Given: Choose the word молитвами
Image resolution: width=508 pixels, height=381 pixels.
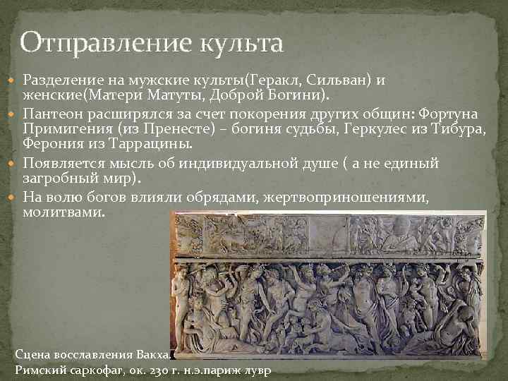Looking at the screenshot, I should click(63, 211).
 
